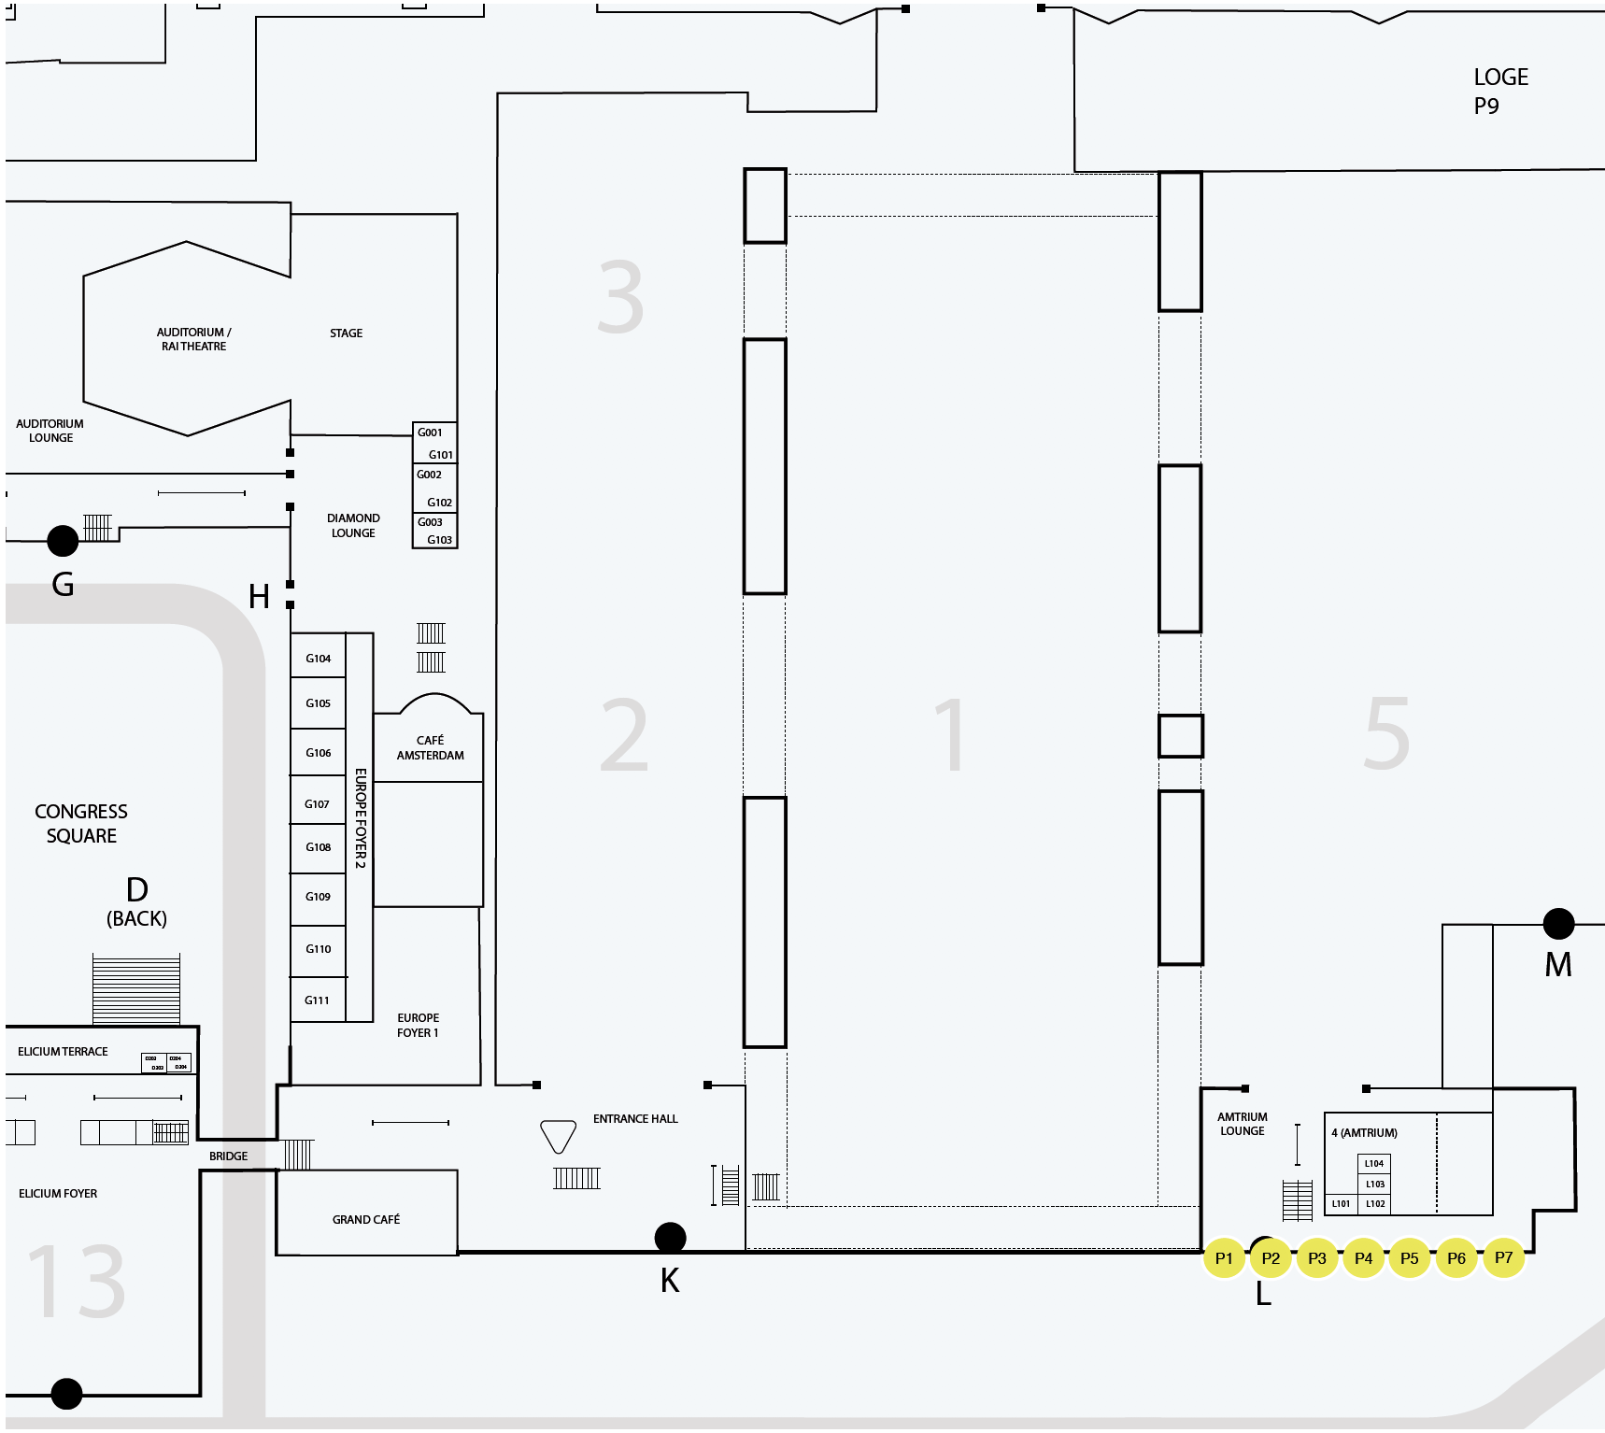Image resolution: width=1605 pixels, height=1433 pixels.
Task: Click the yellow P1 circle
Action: click(x=1224, y=1258)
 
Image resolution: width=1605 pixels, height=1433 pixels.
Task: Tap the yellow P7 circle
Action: click(x=1503, y=1257)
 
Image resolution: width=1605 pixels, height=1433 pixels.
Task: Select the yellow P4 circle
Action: click(x=1363, y=1258)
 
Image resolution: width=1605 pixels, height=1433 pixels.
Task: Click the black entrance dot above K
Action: click(x=670, y=1238)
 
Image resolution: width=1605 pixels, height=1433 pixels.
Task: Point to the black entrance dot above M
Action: click(x=1558, y=924)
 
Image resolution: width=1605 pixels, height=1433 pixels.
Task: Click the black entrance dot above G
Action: click(x=63, y=540)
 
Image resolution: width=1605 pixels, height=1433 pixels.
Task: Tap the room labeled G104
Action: click(x=319, y=659)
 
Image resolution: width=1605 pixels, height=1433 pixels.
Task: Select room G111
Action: click(x=318, y=1000)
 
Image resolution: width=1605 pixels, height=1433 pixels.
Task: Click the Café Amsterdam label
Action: click(x=430, y=747)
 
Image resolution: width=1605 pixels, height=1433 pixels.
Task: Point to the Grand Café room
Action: click(x=366, y=1219)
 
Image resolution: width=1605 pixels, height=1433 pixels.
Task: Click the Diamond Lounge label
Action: click(x=353, y=525)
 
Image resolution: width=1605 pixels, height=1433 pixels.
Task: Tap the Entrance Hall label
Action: click(x=635, y=1118)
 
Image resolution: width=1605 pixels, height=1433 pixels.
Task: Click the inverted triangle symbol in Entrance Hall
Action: click(x=558, y=1135)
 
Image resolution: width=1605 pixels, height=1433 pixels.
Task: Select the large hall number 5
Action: click(x=1386, y=734)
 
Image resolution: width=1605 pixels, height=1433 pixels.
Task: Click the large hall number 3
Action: click(x=620, y=298)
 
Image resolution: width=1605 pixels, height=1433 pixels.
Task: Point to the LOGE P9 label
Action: click(x=1499, y=91)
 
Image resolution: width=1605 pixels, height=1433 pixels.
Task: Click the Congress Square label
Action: click(x=81, y=823)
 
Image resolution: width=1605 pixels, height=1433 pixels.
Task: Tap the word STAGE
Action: click(x=346, y=333)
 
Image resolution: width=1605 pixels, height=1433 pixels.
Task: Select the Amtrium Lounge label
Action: click(x=1242, y=1124)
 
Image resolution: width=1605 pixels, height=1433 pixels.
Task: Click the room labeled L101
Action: click(x=1341, y=1203)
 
